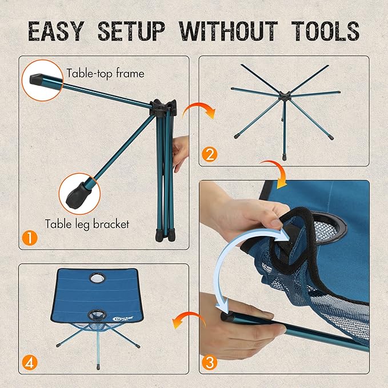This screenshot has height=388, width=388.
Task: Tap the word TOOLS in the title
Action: tap(325, 31)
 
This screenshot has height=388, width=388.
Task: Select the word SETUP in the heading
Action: tap(131, 31)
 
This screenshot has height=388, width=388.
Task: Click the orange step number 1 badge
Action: tap(30, 238)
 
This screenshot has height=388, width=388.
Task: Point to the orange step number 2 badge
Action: tap(210, 154)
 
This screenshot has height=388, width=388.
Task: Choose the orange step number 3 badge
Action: tap(210, 363)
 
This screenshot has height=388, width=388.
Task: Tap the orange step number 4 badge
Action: tap(30, 363)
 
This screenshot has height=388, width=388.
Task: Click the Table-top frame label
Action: tap(105, 74)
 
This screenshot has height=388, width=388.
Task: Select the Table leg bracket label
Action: tap(87, 224)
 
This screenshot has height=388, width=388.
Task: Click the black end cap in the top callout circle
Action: tap(38, 79)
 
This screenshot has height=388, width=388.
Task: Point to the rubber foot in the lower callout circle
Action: tap(77, 196)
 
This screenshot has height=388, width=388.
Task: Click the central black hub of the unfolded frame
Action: tap(285, 95)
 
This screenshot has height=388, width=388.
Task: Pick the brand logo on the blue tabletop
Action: tap(123, 319)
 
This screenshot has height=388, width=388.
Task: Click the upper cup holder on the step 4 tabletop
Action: tap(98, 278)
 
